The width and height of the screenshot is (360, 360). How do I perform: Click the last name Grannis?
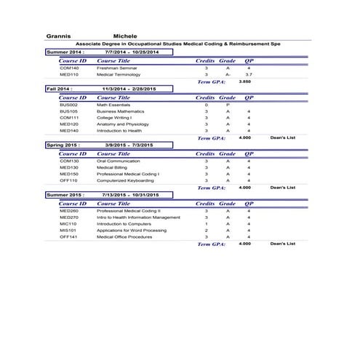(x=58, y=35)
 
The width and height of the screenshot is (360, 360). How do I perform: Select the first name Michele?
(x=126, y=35)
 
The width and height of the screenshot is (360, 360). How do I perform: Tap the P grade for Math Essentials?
(x=228, y=105)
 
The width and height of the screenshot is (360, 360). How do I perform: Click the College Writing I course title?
(x=114, y=117)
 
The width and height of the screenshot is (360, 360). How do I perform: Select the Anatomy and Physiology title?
(x=122, y=124)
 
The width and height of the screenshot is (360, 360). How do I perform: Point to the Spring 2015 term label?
(x=63, y=145)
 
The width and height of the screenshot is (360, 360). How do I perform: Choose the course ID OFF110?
(x=69, y=180)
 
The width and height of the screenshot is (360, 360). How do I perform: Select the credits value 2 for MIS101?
(x=206, y=230)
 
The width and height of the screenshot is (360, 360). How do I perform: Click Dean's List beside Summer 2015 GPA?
(x=282, y=244)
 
